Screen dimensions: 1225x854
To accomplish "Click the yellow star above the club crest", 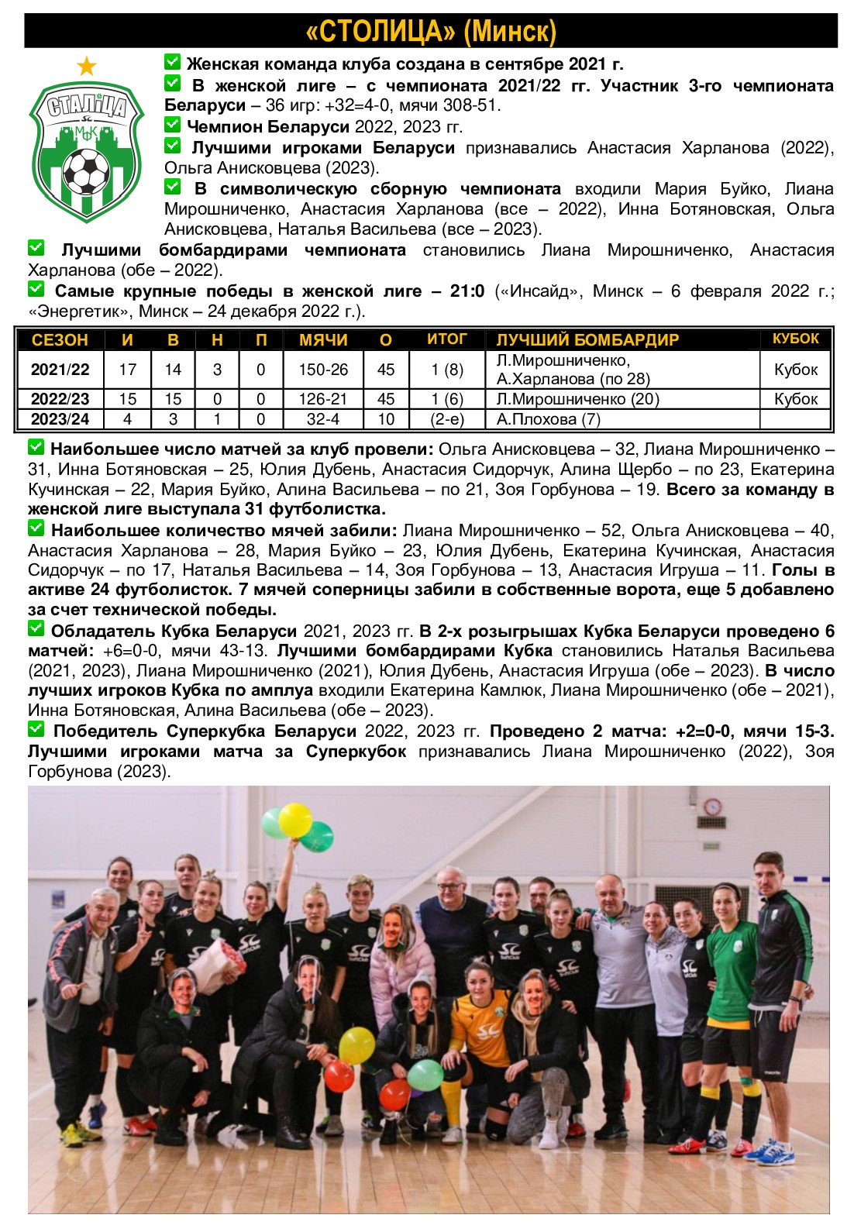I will pos(87,67).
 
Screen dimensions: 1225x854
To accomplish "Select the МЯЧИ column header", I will pos(323,339).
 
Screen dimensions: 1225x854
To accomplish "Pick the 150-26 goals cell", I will pos(323,370).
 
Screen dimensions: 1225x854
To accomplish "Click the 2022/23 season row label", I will pos(60,399).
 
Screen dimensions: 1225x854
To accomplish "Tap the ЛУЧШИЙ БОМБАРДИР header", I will pos(587,339).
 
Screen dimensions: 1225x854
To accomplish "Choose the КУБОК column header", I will pos(795,339).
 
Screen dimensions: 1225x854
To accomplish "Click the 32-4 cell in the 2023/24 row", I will pos(323,419).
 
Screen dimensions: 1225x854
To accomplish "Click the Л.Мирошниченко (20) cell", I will pos(577,399).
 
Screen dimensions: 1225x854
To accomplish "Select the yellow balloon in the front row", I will pos(356,1045).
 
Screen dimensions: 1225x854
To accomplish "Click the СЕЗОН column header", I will pos(60,339).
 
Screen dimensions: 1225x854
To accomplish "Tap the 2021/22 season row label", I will pos(60,370).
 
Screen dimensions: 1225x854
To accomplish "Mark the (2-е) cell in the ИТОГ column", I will pos(447,419).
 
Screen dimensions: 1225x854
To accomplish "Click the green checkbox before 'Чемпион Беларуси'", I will pos(172,124).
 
